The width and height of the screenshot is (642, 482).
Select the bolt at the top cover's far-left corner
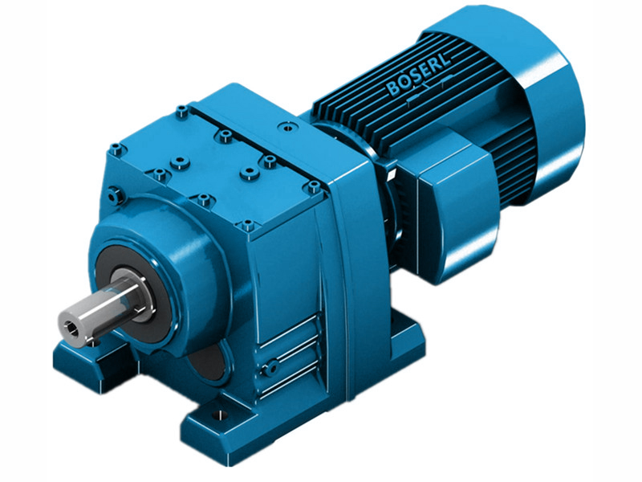(x=116, y=149)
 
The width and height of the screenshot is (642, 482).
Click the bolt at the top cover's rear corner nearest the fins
(x=183, y=110)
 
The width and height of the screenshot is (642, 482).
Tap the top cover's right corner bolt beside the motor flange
(x=311, y=186)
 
